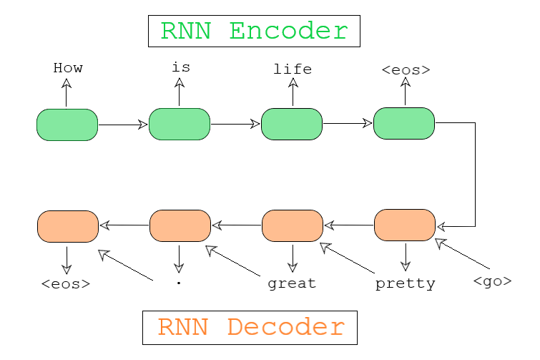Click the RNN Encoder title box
tap(253, 31)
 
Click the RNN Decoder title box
tap(250, 327)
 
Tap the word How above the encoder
tap(68, 69)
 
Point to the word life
tap(293, 69)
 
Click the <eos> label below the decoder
tap(66, 283)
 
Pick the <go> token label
tap(492, 281)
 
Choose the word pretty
tap(405, 284)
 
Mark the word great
tap(292, 283)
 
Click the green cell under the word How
tap(67, 125)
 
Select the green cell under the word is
tap(180, 124)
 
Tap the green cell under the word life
tap(292, 124)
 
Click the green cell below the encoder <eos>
tap(404, 123)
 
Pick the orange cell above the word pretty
tap(405, 225)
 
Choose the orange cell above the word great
tap(293, 225)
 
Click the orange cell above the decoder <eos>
tap(67, 226)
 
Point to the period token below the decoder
tap(178, 283)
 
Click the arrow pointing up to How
tap(67, 93)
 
